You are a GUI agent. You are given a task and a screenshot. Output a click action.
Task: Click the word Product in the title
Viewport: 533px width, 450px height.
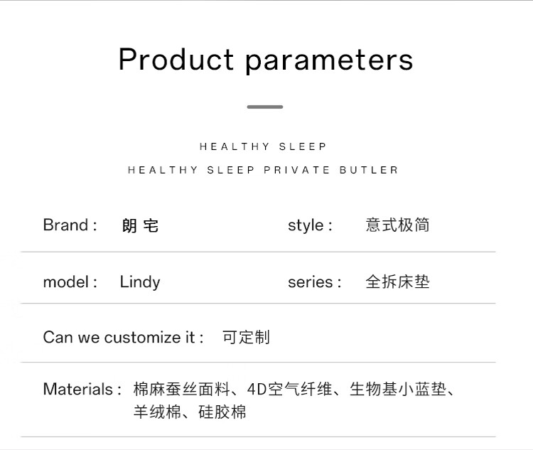click(176, 59)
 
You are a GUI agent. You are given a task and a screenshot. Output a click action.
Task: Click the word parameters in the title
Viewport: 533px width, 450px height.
click(329, 62)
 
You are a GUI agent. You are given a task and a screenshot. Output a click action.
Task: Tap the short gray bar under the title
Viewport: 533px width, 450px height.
click(265, 107)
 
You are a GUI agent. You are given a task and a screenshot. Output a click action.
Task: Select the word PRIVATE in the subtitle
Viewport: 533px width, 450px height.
click(296, 170)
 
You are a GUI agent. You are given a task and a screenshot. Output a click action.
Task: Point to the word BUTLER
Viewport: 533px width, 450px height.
click(368, 170)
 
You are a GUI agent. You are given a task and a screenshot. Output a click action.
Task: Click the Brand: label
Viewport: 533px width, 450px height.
click(70, 225)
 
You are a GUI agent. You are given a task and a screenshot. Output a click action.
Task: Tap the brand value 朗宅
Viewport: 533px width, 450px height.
click(141, 225)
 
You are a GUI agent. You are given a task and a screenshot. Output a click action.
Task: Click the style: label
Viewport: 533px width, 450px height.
click(310, 225)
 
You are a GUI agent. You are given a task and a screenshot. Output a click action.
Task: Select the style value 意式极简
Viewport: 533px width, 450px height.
click(397, 225)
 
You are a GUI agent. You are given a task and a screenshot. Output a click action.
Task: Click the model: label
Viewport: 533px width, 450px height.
click(70, 282)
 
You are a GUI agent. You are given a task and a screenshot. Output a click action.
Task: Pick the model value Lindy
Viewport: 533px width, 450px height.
click(140, 282)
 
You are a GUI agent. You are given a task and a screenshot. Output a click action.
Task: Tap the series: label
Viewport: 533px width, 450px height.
click(314, 282)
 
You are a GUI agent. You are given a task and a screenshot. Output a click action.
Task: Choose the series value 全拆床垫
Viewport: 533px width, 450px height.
click(397, 282)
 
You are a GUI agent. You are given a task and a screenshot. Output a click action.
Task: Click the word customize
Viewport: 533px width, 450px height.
click(149, 338)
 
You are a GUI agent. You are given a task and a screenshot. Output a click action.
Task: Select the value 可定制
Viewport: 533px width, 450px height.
click(246, 337)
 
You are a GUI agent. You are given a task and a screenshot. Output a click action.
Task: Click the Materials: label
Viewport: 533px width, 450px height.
click(82, 389)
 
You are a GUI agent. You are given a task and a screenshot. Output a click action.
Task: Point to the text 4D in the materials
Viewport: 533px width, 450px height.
click(257, 389)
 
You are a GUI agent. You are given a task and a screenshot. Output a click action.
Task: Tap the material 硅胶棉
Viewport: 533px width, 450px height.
click(222, 412)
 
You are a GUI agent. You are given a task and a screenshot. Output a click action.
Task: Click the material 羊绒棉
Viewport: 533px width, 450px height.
click(157, 412)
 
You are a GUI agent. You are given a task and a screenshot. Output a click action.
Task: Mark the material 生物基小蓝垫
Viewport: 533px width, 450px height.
click(397, 389)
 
